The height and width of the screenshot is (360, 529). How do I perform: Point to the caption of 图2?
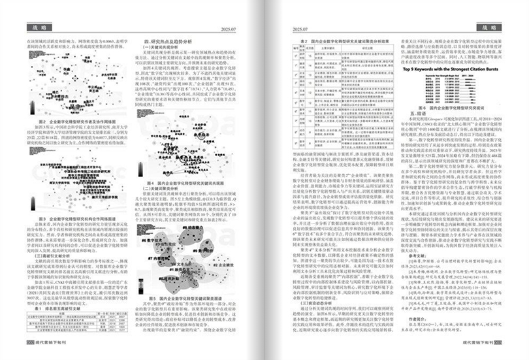click(x=76, y=122)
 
